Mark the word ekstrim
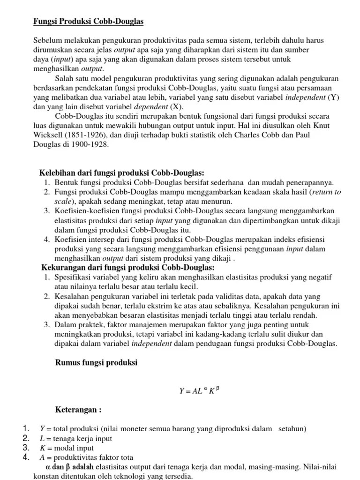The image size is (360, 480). pos(165,306)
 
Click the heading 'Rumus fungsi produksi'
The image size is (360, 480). pos(97,363)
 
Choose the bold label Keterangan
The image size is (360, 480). pos(78,410)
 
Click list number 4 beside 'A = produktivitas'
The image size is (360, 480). pos(27,457)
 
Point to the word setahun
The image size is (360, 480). pos(292,429)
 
